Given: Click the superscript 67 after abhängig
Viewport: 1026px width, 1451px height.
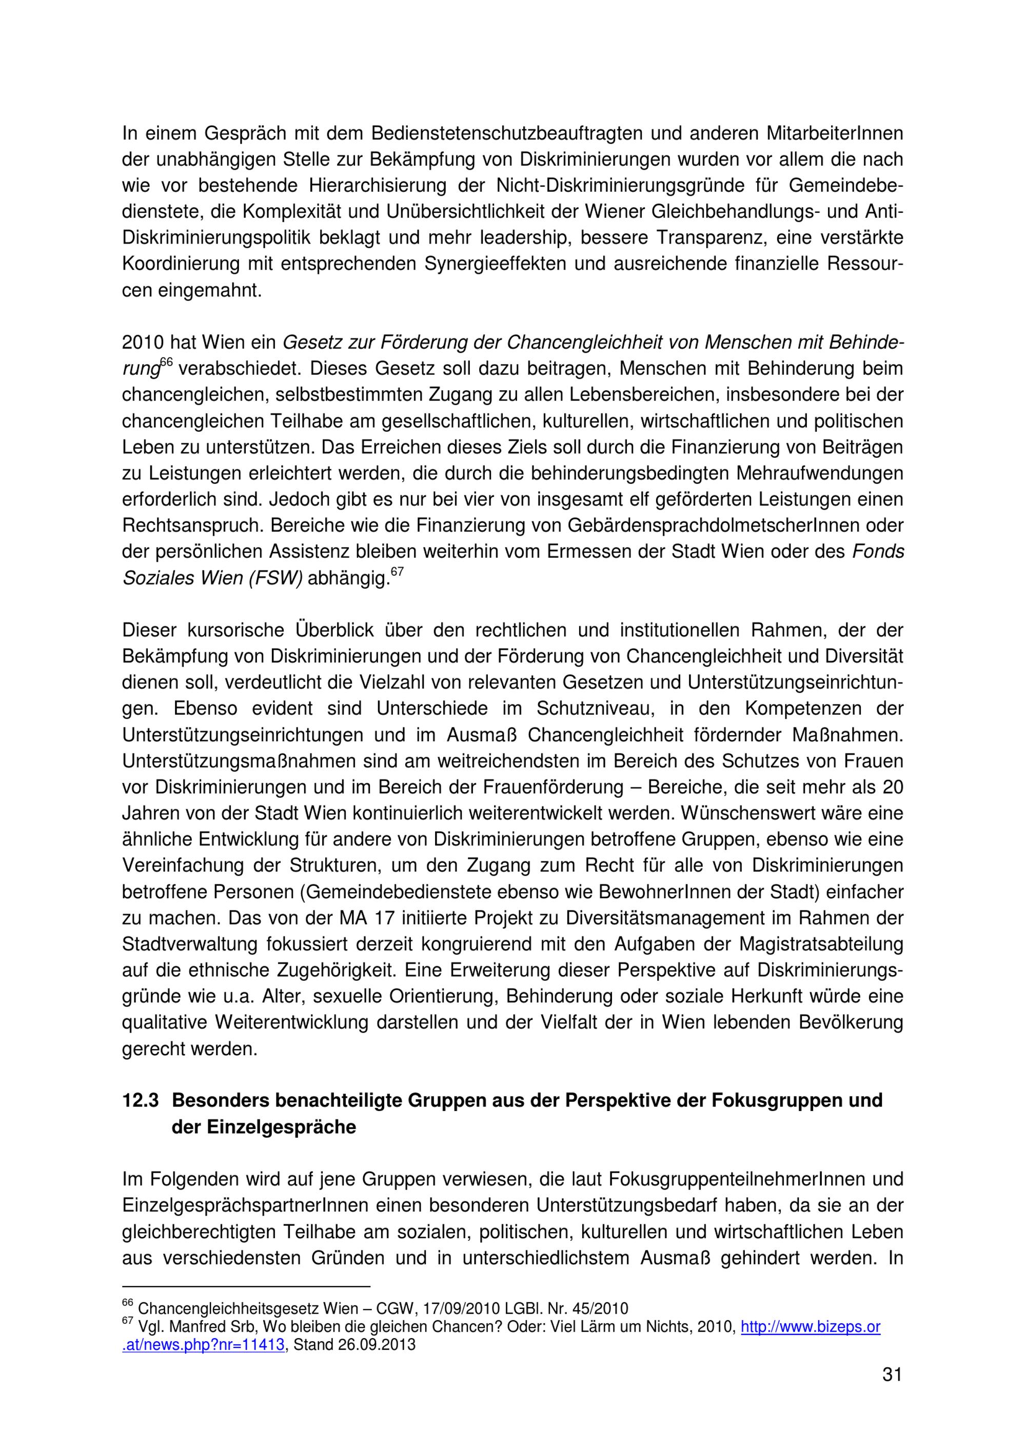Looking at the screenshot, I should [x=397, y=571].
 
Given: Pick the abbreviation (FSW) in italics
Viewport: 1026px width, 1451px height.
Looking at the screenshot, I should [x=275, y=578].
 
